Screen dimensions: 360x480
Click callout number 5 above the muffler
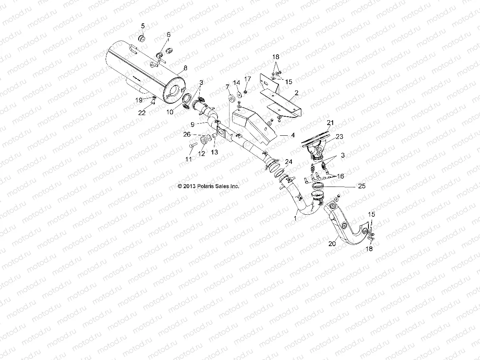coord(143,26)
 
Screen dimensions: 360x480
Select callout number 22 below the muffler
coord(142,113)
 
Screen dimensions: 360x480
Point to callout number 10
coord(170,112)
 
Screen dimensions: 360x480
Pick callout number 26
coord(187,135)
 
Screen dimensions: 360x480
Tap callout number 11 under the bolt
coord(189,159)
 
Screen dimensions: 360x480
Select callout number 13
coord(214,152)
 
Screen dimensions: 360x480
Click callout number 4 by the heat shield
coord(293,135)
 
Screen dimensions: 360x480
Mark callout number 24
coord(288,162)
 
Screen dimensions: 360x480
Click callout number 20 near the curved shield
coord(332,244)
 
